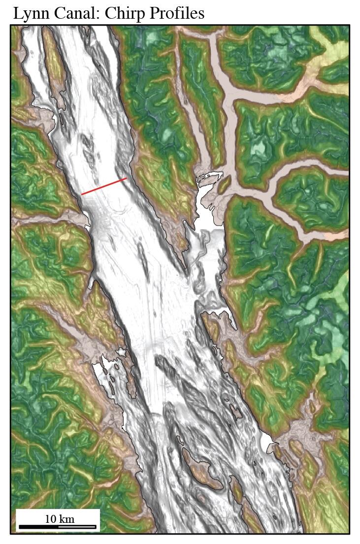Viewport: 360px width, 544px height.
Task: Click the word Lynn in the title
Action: [30, 13]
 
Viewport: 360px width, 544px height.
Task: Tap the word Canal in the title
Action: [70, 13]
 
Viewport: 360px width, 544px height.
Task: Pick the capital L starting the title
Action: [17, 13]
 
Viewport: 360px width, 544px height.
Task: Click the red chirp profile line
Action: [104, 186]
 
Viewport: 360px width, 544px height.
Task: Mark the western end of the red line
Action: [82, 194]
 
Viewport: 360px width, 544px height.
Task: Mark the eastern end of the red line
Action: [127, 178]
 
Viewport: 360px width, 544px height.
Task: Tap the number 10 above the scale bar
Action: [51, 519]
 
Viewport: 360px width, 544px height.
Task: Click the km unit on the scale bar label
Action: [67, 519]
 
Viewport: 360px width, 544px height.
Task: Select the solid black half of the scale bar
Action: [38, 527]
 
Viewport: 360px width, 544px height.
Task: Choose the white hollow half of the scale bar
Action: [77, 527]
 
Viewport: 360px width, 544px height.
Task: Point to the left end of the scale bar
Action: [19, 527]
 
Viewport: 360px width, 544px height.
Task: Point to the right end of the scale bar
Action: [96, 527]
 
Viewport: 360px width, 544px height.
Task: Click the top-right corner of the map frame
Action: [349, 25]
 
